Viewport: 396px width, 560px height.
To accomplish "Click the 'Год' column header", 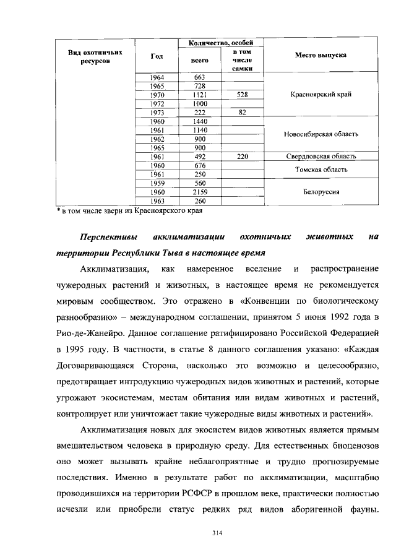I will click(x=157, y=56).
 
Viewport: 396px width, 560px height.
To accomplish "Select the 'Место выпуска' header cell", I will click(x=321, y=55).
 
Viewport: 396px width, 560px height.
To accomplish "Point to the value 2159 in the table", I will click(x=199, y=192).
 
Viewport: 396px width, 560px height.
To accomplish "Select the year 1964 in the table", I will click(x=157, y=77).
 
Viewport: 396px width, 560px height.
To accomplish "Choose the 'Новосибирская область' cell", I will click(x=321, y=134).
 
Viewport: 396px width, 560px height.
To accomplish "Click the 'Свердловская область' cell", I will click(x=321, y=157).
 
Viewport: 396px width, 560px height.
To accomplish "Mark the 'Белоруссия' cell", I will click(x=321, y=192).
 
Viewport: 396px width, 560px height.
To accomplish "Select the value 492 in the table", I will click(x=199, y=157).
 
